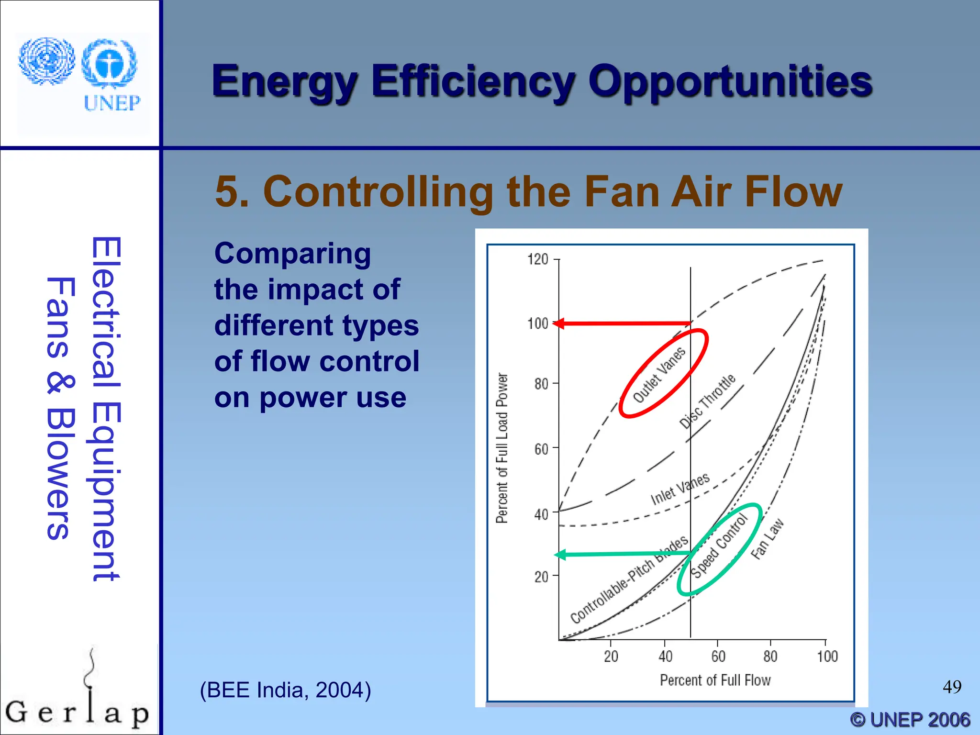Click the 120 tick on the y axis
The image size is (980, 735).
[x=538, y=259]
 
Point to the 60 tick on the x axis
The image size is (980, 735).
[x=718, y=656]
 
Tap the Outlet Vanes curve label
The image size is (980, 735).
[x=659, y=375]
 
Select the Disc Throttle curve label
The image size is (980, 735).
[x=707, y=401]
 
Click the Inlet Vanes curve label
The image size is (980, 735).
[x=679, y=489]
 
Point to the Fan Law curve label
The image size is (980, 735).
[x=767, y=539]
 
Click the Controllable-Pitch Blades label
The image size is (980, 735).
[x=629, y=580]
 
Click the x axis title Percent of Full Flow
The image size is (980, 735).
[x=715, y=680]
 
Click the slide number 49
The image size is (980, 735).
[x=952, y=687]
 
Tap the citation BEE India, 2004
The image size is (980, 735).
[x=285, y=690]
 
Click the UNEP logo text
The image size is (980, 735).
[x=112, y=103]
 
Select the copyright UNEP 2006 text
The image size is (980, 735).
[x=910, y=720]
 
